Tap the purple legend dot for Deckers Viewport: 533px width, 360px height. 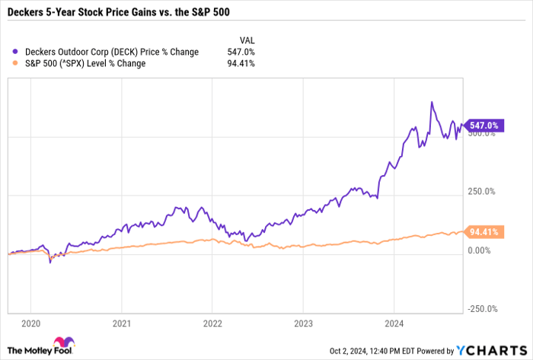[x=17, y=52]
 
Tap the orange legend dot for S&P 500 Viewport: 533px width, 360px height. [x=17, y=63]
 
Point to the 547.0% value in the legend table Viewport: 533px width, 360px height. [x=242, y=52]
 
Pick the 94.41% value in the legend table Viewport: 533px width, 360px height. [x=241, y=63]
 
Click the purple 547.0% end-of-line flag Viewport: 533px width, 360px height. [x=484, y=125]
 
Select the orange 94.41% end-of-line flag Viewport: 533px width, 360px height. [x=484, y=231]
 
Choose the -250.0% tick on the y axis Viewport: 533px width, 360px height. [x=483, y=309]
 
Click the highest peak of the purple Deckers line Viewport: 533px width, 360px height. [x=432, y=102]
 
